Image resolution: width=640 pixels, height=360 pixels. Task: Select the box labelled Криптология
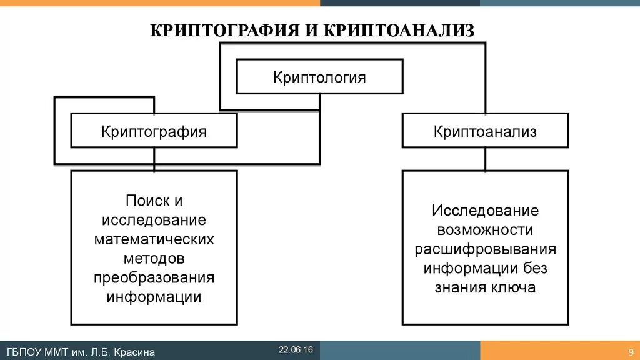pos(319,77)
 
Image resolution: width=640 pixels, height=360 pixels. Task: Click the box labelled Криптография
pos(154,131)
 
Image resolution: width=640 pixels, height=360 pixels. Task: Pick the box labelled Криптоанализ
pos(485,131)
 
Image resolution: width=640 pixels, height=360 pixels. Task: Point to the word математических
pos(154,239)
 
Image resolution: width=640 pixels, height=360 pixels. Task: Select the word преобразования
pos(154,277)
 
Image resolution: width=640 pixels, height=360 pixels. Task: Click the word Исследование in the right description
pos(485,211)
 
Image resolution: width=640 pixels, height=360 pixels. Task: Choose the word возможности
pos(485,230)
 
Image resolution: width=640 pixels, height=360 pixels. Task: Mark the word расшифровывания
pos(485,249)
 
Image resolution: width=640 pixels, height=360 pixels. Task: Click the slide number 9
pos(630,352)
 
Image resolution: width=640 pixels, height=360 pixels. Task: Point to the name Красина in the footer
pos(132,352)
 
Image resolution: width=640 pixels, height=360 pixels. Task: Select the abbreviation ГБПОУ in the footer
pos(24,352)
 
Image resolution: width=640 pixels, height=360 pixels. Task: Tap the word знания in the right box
pos(456,287)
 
